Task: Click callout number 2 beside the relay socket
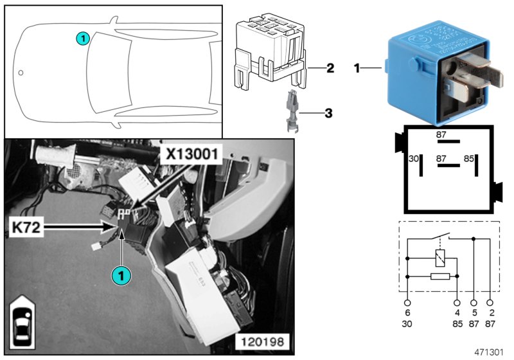(330, 67)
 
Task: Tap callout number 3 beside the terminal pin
(328, 113)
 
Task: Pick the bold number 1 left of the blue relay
(358, 67)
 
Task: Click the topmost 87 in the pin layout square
(441, 134)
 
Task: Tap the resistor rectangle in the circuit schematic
(439, 276)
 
